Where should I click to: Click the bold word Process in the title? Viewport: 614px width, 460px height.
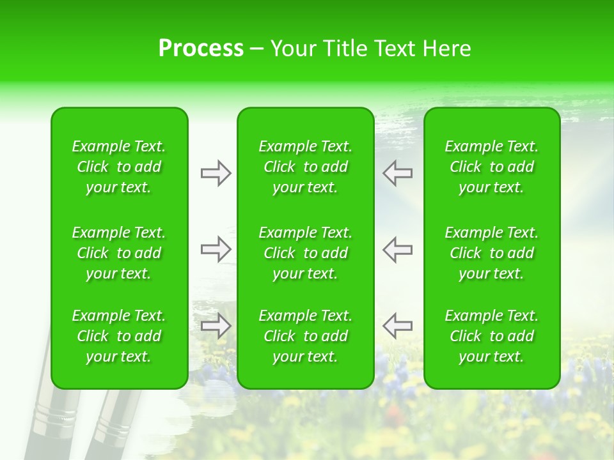click(201, 49)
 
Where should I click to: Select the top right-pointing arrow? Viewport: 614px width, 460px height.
click(216, 173)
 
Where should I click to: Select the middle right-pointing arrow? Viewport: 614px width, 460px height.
click(216, 249)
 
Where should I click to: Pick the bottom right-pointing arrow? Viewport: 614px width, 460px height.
click(216, 326)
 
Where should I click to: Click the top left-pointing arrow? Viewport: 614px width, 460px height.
click(397, 173)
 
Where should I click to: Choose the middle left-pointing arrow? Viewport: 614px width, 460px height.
click(397, 249)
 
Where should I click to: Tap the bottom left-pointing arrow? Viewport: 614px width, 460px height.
click(397, 326)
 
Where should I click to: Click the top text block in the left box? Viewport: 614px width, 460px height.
click(119, 167)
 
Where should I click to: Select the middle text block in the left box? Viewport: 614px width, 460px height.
click(119, 253)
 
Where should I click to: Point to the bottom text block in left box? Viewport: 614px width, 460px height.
click(119, 336)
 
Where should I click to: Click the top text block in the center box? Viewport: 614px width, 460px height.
click(305, 167)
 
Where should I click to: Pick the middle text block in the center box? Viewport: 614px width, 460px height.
click(305, 253)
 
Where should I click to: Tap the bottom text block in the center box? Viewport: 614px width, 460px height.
click(305, 336)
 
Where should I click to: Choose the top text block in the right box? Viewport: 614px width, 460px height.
click(491, 167)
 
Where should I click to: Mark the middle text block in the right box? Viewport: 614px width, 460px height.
click(491, 253)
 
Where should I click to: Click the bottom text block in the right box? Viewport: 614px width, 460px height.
click(491, 336)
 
